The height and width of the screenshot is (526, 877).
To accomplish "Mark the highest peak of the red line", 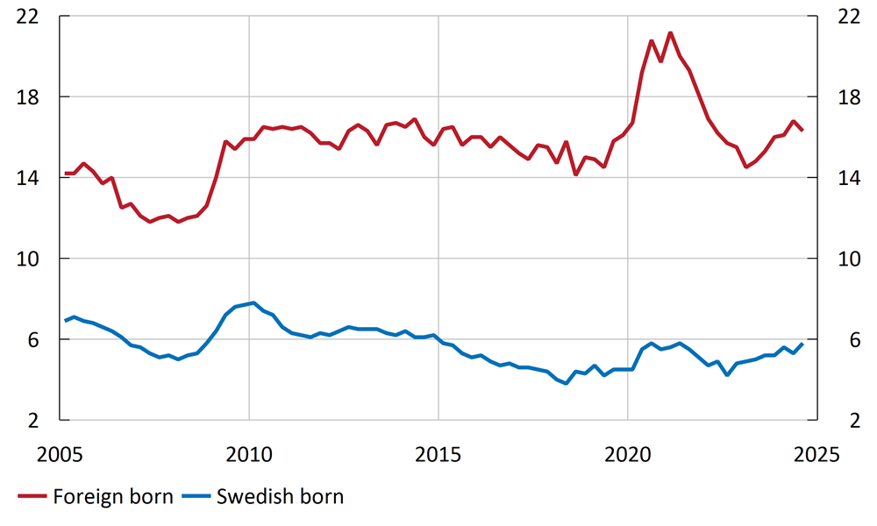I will tap(670, 33).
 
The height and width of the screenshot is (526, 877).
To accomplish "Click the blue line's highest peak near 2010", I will tap(253, 303).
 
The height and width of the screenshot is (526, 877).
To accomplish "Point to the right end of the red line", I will tap(802, 130).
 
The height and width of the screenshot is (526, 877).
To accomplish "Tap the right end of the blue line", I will tap(802, 344).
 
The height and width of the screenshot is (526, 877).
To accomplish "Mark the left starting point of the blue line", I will tap(66, 320).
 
